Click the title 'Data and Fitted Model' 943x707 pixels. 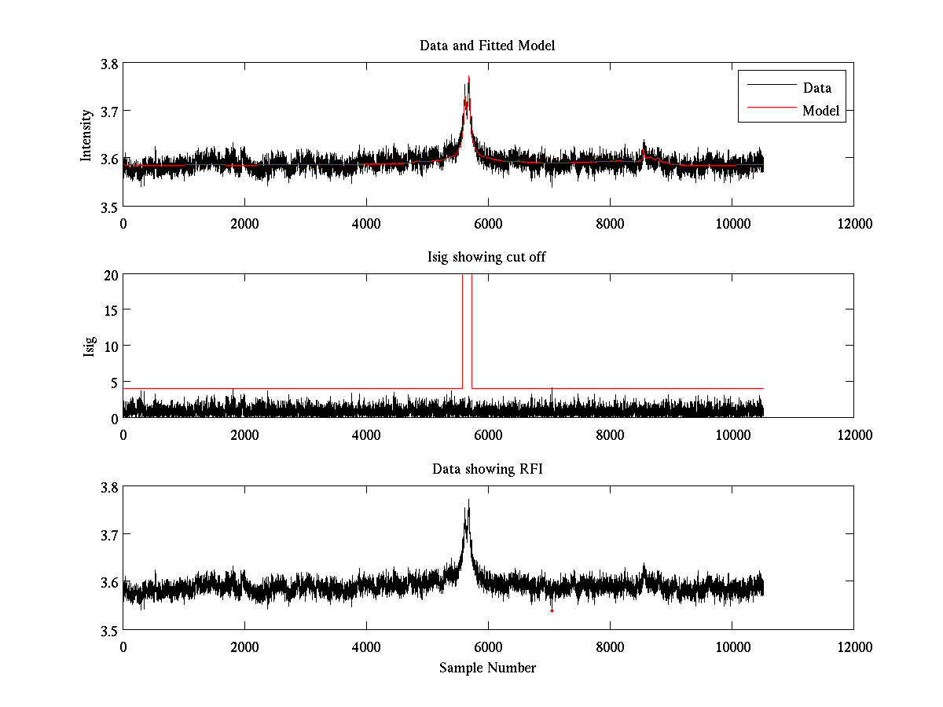[x=487, y=46]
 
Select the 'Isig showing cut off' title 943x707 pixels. [x=487, y=257]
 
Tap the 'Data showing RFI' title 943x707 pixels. [x=487, y=469]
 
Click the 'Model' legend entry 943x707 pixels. [x=820, y=111]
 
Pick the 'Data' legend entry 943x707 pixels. [x=816, y=88]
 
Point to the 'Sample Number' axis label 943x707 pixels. [x=487, y=668]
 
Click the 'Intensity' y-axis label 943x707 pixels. [x=86, y=134]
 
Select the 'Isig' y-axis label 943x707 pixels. [x=89, y=346]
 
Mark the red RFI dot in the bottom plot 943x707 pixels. [x=552, y=610]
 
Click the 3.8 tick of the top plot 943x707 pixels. [x=108, y=64]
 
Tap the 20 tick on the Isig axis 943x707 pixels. [x=110, y=275]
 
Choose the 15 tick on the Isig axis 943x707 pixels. [x=110, y=310]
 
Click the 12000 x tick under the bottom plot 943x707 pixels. [x=853, y=647]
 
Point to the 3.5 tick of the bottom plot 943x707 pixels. [x=108, y=630]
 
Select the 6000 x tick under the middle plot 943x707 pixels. [x=487, y=434]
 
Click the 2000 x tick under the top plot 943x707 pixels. [x=244, y=223]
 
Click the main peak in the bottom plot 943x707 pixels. [x=468, y=500]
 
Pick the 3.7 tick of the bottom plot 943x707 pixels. [x=108, y=534]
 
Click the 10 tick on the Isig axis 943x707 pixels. [x=110, y=346]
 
